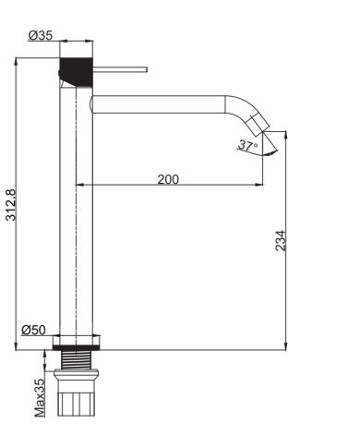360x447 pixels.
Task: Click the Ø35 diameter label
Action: (x=40, y=36)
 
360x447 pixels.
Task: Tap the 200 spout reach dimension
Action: (x=168, y=178)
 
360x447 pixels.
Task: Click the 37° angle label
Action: (x=245, y=145)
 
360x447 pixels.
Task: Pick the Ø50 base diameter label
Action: (x=34, y=330)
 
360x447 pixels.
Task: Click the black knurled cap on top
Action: (x=77, y=69)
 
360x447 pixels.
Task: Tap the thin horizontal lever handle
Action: (x=120, y=68)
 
